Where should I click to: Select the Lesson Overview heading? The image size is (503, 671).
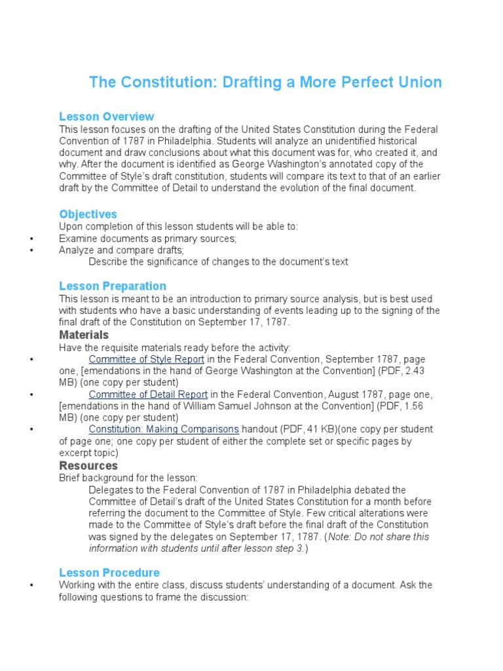tap(106, 117)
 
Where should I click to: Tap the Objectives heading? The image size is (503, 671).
tap(88, 214)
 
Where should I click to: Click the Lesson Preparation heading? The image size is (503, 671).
tap(112, 286)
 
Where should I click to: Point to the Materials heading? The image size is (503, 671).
tap(84, 335)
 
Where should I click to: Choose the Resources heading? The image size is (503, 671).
tap(88, 465)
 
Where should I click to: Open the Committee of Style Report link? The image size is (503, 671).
tap(147, 359)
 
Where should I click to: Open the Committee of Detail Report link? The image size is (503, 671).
tap(148, 394)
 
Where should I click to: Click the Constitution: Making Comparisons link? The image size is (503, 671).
tap(164, 429)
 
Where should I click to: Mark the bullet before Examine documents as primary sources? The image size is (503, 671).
tap(31, 239)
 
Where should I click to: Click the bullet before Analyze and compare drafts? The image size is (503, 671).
tap(31, 251)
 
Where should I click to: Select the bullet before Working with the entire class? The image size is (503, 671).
tap(31, 585)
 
